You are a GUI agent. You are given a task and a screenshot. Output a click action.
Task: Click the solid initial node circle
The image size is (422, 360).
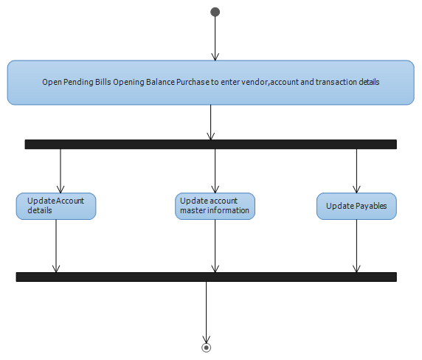215,12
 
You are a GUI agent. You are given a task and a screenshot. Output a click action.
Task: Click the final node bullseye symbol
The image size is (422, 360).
206,347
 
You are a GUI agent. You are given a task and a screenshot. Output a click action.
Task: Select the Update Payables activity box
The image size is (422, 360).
356,206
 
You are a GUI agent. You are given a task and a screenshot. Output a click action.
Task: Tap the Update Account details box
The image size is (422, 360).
56,206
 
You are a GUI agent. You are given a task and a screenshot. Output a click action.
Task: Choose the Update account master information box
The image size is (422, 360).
215,206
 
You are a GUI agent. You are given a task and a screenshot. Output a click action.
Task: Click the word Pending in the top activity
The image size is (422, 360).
78,82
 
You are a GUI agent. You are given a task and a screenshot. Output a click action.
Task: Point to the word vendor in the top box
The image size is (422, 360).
255,82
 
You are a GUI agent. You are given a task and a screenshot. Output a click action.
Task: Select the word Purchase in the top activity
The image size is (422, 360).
193,82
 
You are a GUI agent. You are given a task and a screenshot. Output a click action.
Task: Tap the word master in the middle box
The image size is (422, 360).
190,210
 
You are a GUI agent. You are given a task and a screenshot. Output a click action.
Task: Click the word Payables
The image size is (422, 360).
371,206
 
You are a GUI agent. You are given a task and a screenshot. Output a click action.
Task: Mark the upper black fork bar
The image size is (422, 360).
211,144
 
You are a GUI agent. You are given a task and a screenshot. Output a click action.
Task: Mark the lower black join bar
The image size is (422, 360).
207,277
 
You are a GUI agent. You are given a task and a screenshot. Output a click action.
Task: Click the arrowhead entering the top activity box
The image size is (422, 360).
215,57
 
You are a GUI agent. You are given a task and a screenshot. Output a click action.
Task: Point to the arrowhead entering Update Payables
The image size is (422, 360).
356,190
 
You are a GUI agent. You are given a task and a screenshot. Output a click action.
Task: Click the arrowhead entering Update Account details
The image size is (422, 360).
60,190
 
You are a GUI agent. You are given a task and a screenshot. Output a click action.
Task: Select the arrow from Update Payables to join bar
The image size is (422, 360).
356,246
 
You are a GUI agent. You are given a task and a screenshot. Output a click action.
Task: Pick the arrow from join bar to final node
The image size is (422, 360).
206,312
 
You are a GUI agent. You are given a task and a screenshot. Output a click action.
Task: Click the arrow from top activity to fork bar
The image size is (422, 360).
211,122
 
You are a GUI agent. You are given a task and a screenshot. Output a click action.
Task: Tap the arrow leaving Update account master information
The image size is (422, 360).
215,246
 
